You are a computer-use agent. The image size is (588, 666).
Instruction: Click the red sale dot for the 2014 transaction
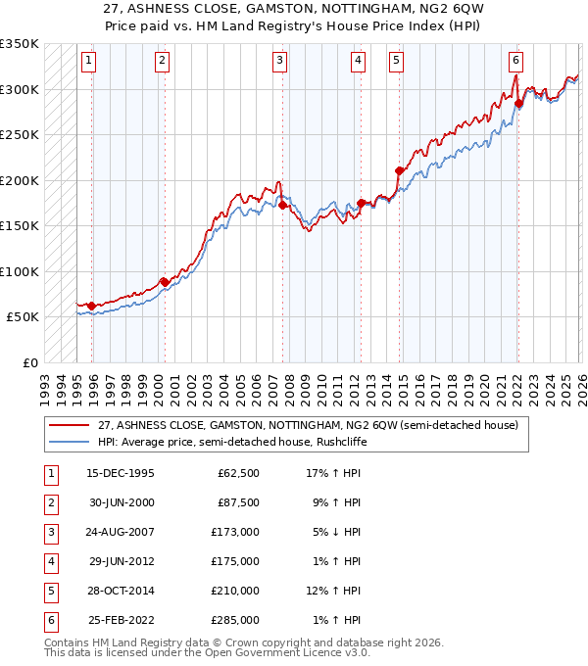pos(400,171)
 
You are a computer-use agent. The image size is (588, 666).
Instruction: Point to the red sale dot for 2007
pos(282,206)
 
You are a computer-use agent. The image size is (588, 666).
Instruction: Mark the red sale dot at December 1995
pos(92,306)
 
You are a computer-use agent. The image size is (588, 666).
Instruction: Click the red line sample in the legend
pos(71,425)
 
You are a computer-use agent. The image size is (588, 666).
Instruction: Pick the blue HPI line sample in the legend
pos(71,442)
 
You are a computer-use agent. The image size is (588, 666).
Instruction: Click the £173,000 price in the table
pos(236,532)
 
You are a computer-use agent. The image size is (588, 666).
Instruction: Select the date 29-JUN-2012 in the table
pos(121,561)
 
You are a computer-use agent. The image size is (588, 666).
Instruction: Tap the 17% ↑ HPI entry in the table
pos(332,473)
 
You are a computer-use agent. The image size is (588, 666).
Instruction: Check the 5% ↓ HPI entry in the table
pos(332,532)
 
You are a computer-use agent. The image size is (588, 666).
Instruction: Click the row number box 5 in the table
pos(50,591)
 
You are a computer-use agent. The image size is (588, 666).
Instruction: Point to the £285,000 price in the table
pos(236,620)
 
